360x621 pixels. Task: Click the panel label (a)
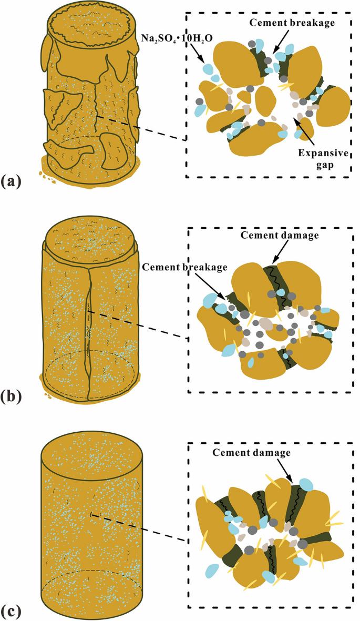pos(11,181)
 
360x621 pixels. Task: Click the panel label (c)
pos(11,612)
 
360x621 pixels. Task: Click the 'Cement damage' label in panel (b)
pos(280,235)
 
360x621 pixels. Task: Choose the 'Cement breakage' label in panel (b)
pos(185,267)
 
